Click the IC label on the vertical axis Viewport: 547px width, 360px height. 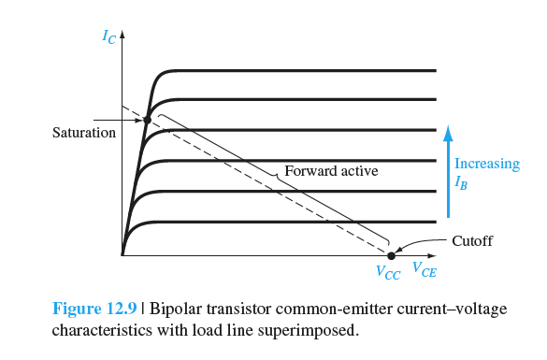point(110,38)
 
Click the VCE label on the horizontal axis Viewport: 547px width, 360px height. point(423,273)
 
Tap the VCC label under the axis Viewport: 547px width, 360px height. point(389,273)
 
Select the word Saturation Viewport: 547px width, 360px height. point(83,133)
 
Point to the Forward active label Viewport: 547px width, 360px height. point(331,172)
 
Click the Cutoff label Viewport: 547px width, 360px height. point(471,240)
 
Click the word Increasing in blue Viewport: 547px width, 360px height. point(486,164)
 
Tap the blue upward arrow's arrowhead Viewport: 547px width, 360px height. point(448,128)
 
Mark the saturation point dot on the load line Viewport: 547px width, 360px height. point(147,120)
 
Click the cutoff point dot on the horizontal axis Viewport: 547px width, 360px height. point(391,254)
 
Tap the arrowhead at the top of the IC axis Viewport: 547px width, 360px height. point(122,36)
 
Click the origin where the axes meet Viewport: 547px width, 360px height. point(122,254)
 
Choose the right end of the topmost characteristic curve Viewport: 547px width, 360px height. point(436,70)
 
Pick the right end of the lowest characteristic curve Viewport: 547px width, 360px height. point(436,222)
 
